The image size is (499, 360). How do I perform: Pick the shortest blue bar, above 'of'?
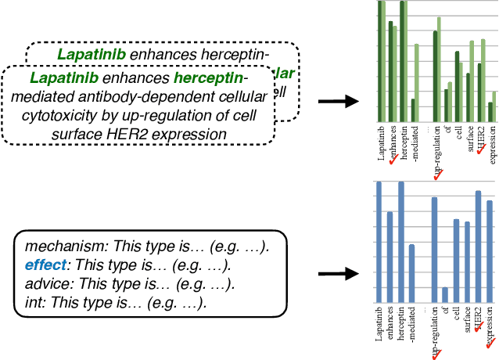coord(445,294)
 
